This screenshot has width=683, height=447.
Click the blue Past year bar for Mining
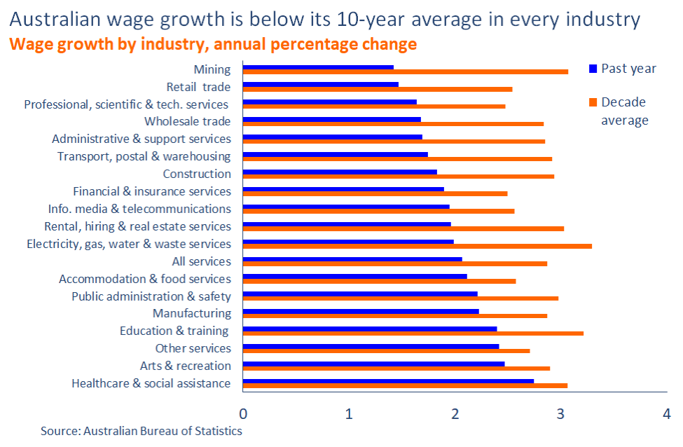[318, 67]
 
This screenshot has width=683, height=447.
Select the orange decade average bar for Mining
[405, 71]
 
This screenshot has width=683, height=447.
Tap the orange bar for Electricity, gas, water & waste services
[417, 246]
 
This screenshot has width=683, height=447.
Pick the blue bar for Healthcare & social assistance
[388, 381]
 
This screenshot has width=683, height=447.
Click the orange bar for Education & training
[413, 333]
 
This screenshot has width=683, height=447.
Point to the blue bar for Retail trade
[320, 85]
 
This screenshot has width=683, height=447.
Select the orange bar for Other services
[386, 350]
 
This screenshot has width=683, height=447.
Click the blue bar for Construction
[340, 172]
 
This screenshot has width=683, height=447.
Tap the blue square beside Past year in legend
[593, 69]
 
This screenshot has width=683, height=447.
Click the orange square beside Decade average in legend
[593, 102]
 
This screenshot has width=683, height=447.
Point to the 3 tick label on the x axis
[560, 413]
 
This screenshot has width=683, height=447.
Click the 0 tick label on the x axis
[243, 413]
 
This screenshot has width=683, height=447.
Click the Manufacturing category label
[191, 313]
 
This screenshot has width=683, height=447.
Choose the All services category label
[201, 261]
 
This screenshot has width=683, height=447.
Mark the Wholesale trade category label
[187, 121]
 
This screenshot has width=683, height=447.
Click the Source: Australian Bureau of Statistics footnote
[141, 431]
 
